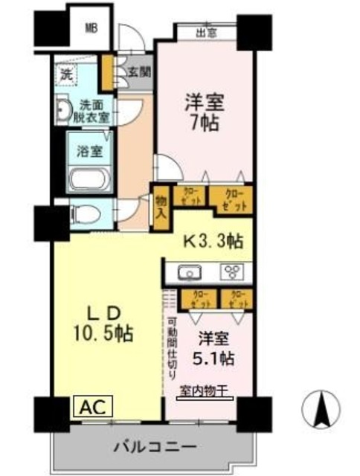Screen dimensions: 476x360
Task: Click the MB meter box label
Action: (91, 29)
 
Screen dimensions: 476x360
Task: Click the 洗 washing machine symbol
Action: (65, 74)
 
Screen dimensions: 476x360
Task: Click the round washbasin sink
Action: (62, 111)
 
